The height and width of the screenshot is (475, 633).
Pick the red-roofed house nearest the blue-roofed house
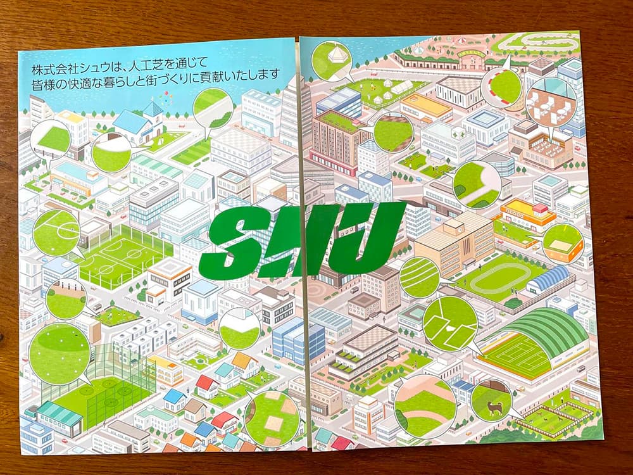[x=206, y=383]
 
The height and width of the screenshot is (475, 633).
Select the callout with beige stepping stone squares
[x=272, y=417]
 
